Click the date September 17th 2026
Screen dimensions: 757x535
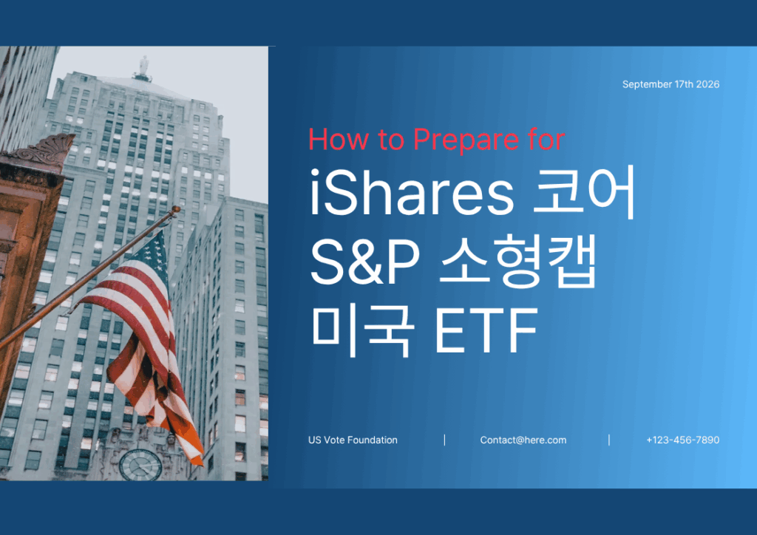tap(671, 84)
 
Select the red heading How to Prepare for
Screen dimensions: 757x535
tap(436, 140)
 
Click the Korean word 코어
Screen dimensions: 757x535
tap(584, 193)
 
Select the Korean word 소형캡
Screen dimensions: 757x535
tap(518, 262)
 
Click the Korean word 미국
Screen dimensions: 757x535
tap(363, 331)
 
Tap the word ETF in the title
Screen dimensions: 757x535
tap(486, 331)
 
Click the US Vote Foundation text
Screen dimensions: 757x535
tap(353, 440)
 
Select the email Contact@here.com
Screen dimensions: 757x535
tap(523, 440)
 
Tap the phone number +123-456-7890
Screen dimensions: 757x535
tap(682, 440)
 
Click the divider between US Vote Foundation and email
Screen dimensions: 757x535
tap(444, 440)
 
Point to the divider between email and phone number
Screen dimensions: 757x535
tap(609, 440)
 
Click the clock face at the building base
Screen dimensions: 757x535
tap(140, 465)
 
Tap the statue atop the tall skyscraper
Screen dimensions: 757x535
tap(143, 66)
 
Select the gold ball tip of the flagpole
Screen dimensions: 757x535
tap(176, 209)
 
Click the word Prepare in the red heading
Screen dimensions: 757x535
tap(466, 140)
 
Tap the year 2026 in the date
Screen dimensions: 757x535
tap(707, 84)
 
